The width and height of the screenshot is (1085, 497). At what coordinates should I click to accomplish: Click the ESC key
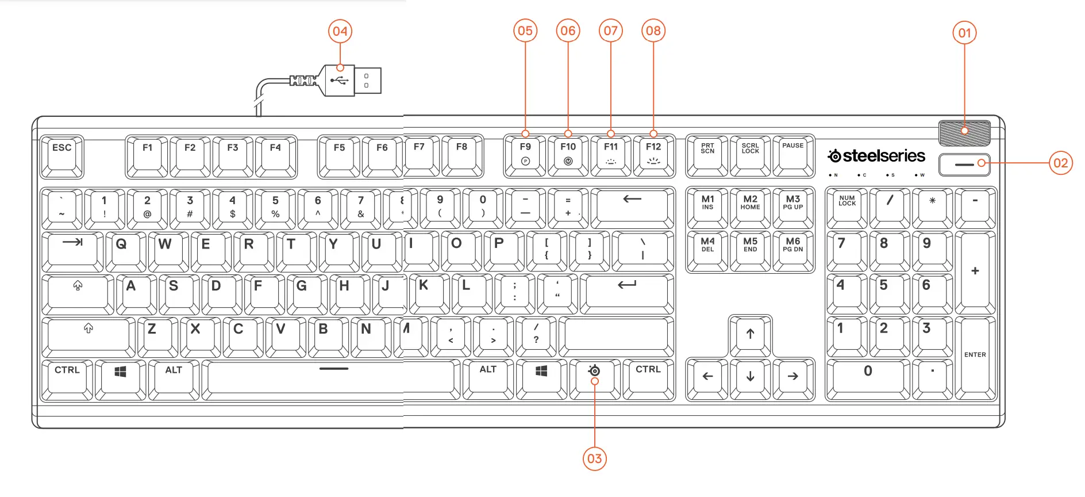pos(62,155)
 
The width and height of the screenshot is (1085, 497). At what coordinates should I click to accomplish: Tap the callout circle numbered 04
pos(340,31)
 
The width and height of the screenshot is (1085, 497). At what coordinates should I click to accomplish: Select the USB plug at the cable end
pos(352,81)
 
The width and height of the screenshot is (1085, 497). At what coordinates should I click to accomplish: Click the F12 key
pos(653,154)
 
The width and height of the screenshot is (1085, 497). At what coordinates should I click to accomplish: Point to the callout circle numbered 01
pos(964,33)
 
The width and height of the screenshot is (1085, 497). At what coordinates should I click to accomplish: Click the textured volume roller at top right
pos(964,133)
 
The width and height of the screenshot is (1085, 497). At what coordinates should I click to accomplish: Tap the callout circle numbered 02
pos(1060,163)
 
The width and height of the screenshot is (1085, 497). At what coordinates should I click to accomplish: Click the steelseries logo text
pos(876,156)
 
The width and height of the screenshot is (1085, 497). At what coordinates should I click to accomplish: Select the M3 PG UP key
pos(793,207)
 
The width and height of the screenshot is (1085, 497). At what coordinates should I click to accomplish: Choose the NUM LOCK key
pos(847,207)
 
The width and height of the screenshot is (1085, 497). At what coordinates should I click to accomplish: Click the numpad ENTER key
pos(975,357)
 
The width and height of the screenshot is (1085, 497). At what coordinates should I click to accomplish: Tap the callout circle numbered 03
pos(594,458)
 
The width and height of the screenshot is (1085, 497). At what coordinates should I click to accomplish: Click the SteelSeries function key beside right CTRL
pos(594,377)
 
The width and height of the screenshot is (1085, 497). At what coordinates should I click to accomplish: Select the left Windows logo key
pos(120,378)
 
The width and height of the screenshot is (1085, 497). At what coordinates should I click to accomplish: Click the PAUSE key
pos(793,154)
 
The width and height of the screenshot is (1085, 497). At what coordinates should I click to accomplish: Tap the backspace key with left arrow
pos(632,207)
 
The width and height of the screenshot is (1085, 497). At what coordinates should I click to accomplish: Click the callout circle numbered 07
pos(610,30)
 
